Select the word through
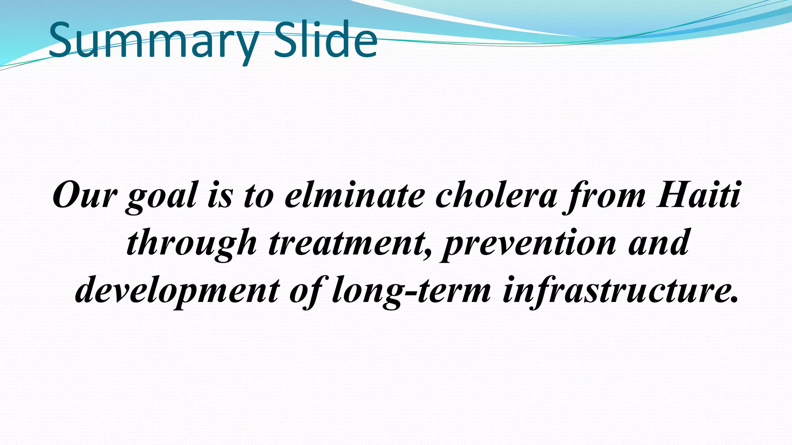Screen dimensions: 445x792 point(191,243)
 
